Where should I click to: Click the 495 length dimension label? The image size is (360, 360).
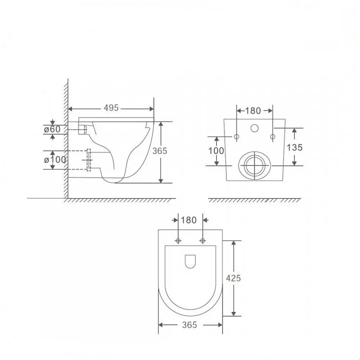point(111,108)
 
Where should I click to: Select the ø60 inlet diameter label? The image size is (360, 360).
point(52,129)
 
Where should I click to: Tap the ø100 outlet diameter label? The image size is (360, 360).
point(55,159)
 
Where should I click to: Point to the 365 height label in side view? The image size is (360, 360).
point(160,151)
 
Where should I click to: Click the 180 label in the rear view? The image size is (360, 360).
point(253,111)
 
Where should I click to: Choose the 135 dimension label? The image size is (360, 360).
point(294,147)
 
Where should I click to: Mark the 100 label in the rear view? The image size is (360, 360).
point(216,150)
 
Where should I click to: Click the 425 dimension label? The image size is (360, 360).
point(233,278)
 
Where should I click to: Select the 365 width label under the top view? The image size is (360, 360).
point(190,325)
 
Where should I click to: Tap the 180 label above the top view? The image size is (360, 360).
point(189,220)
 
